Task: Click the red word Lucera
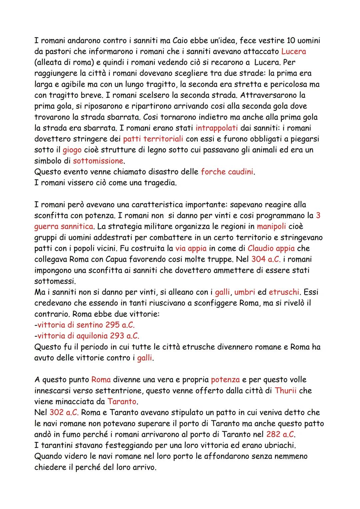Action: tap(293, 51)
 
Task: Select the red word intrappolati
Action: tap(217, 128)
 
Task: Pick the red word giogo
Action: tap(72, 150)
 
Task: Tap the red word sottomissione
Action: tap(98, 161)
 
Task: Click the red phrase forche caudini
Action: tap(227, 172)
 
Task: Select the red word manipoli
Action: tap(271, 227)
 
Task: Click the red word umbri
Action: tap(244, 292)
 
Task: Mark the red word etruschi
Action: tap(284, 292)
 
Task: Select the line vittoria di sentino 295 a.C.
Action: tap(86, 325)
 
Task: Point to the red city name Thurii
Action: tap(285, 390)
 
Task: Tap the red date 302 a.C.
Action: tap(64, 412)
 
